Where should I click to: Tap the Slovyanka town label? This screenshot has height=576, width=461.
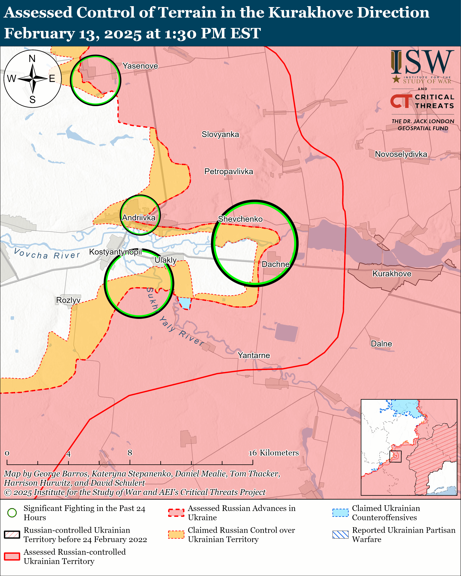pos(220,134)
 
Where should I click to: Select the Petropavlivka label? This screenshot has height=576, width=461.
pos(228,171)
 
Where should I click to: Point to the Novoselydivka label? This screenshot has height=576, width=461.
pos(401,154)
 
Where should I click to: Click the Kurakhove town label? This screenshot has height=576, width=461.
pos(392,274)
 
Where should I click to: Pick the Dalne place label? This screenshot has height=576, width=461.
pos(381,344)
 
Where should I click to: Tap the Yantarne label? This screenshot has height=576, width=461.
pos(254,355)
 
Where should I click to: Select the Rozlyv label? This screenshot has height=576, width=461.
pos(68,300)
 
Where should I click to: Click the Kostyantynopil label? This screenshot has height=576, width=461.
pos(115,252)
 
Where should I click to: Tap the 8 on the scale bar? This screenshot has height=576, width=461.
pos(130,453)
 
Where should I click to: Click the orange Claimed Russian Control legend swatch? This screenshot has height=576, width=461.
pos(176,535)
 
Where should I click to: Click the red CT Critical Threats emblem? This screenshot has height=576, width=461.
pos(401,101)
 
